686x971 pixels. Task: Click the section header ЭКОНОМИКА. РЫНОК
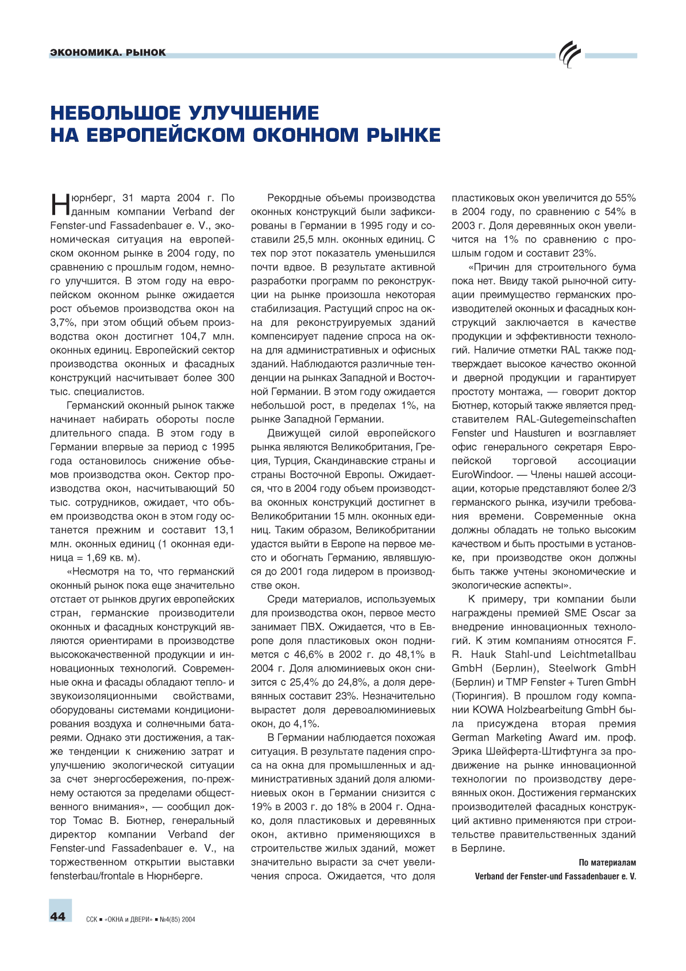coord(108,52)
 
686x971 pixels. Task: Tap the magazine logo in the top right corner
coord(570,55)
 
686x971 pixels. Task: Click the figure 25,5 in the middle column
coord(309,240)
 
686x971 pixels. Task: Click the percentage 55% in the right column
coord(625,198)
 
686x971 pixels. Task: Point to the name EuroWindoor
coord(481,475)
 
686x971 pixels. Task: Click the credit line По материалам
coord(607,862)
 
